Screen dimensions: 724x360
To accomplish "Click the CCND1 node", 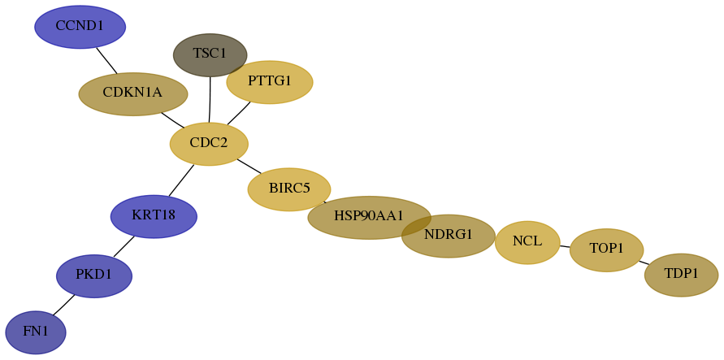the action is [80, 27].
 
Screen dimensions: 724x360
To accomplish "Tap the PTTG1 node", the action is [270, 82].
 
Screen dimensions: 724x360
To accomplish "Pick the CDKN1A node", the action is [133, 93].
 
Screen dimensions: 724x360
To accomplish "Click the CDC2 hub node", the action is [209, 144].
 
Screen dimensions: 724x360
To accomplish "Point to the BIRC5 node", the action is [289, 189].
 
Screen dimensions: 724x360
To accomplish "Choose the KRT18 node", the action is [154, 216].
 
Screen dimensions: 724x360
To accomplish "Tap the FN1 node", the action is [36, 332].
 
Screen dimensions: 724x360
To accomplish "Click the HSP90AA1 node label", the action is [369, 215].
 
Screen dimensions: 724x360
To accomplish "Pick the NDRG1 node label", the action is [449, 235].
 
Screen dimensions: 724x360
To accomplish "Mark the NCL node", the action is [527, 242].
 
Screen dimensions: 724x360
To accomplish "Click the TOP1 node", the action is [607, 250].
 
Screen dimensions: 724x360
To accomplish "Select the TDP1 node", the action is [681, 275].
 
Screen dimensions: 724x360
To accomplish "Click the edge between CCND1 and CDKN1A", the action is [106, 60].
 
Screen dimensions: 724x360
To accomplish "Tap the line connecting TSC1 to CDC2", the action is [210, 100].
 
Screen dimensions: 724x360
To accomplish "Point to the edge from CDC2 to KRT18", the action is [181, 180].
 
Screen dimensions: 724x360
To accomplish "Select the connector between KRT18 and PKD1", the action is [124, 246].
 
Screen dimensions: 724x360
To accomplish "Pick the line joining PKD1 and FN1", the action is [63, 305].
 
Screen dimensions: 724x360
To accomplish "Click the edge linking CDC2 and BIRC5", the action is [249, 166].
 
